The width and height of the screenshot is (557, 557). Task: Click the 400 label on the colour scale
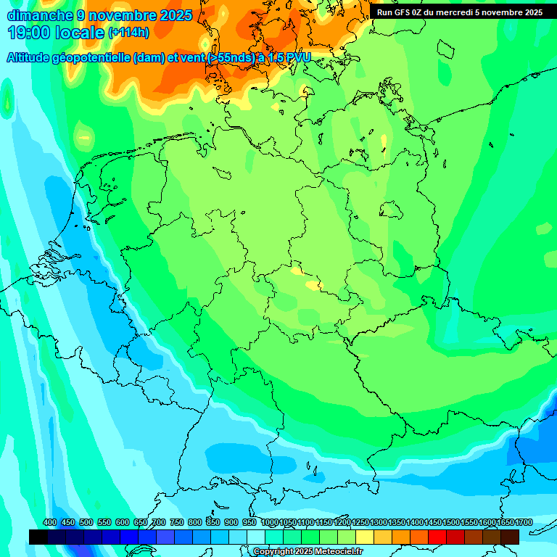click(50, 523)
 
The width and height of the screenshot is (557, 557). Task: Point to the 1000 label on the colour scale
click(270, 523)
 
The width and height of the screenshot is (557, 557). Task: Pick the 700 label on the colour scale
click(159, 523)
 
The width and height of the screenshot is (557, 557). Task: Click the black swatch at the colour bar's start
click(38, 537)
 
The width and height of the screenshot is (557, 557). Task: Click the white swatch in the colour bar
click(256, 537)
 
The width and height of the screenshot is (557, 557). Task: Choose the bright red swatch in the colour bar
click(437, 537)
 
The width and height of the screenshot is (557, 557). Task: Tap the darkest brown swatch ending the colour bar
click(510, 537)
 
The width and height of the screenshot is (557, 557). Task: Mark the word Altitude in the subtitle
click(29, 58)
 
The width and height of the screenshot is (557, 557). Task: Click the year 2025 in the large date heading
click(175, 15)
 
